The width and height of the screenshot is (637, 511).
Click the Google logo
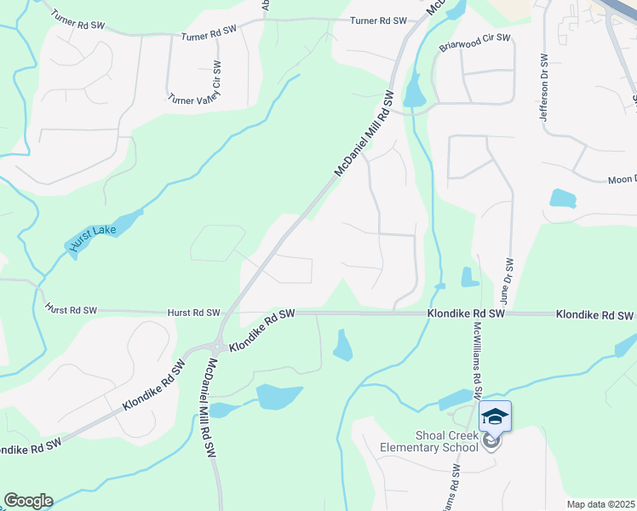pyautogui.click(x=28, y=501)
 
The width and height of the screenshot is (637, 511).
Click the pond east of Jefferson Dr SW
pyautogui.click(x=563, y=198)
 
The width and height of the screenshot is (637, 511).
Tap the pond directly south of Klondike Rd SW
pyautogui.click(x=343, y=345)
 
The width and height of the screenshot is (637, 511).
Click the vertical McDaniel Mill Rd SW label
pyautogui.click(x=208, y=410)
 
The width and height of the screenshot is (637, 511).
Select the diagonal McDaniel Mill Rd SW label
pyautogui.click(x=365, y=134)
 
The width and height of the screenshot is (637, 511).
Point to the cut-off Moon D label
pyautogui.click(x=622, y=180)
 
